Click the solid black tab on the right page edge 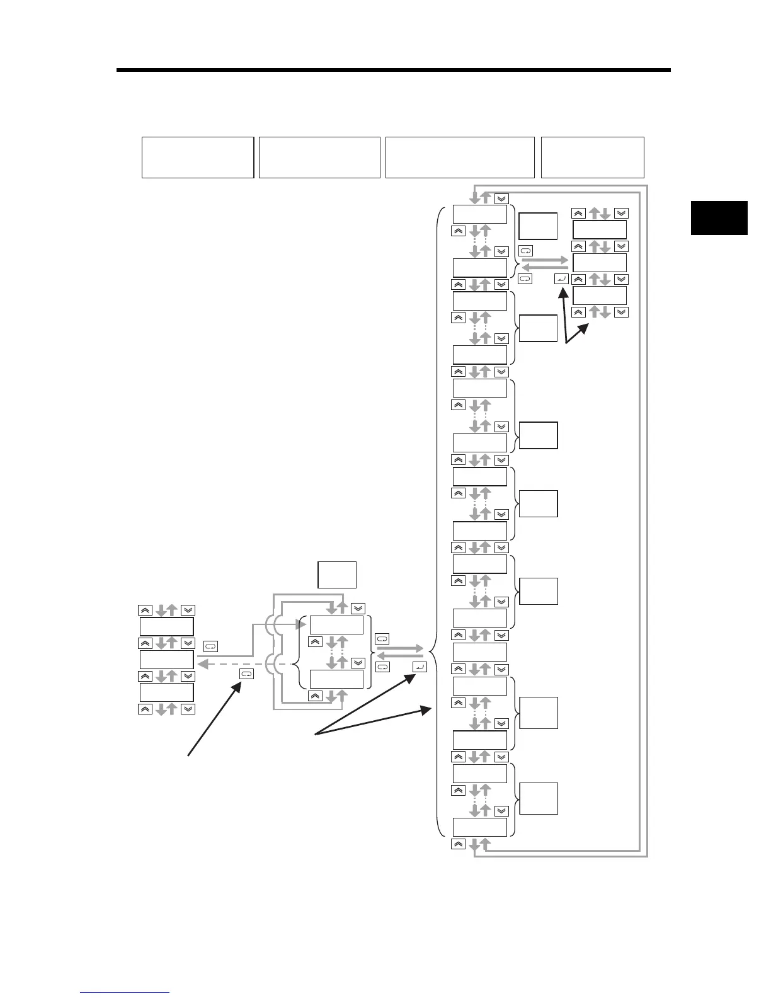coord(719,218)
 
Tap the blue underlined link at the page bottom coord(125,994)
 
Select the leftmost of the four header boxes coord(198,158)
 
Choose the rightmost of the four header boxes coord(592,158)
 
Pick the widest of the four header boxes coord(460,158)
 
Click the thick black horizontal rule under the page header coord(394,70)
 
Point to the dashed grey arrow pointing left coord(246,664)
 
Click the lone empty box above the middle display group coord(337,575)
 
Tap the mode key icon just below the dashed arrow coord(247,674)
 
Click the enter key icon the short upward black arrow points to coord(563,278)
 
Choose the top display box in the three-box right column coord(600,229)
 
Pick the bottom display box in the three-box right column coord(600,295)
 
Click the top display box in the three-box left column coord(166,627)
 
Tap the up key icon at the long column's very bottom coord(459,844)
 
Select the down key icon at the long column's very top coord(501,198)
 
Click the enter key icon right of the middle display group coord(420,667)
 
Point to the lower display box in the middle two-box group coord(336,679)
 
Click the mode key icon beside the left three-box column coord(210,646)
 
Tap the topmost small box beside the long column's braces coord(538,226)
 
